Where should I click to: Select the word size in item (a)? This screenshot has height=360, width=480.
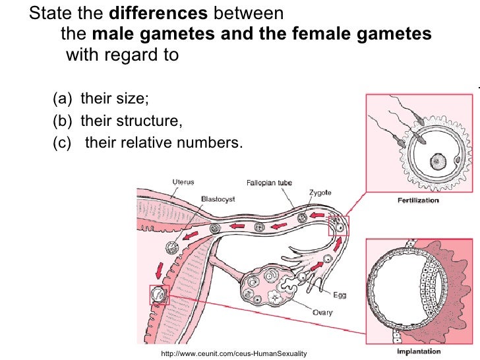[x=135, y=100]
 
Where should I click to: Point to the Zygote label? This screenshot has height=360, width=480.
[x=320, y=193]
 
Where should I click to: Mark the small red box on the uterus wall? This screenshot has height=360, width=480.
[x=159, y=295]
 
